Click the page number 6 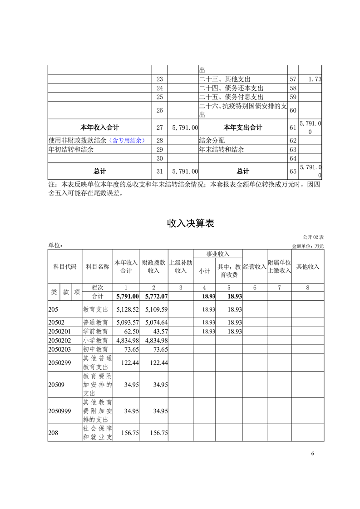pos(313,453)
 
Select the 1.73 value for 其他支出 pos(315,79)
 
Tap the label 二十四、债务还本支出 pos(231,88)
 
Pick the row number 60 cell pos(293,110)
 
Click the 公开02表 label pos(313,237)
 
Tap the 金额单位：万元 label pos(308,246)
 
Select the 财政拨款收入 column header pos(154,266)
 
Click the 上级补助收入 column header pos(181,266)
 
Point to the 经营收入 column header pos(254,266)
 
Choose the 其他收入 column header pos(308,266)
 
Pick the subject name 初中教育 pos(95,349)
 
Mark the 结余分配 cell pos(212,140)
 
